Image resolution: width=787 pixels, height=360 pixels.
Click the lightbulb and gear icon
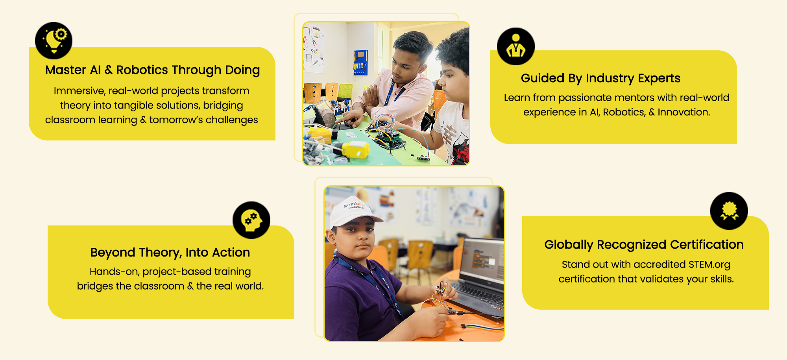pos(54,41)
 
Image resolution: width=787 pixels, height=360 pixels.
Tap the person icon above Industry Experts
pos(515,46)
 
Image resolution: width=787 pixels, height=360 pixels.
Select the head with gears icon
pos(251,220)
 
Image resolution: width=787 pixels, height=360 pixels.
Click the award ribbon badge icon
pos(729,211)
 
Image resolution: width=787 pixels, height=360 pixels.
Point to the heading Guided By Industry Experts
pos(600,78)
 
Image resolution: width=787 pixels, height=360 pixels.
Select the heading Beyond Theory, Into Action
pos(170,253)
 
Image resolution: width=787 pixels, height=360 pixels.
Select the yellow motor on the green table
pos(355,150)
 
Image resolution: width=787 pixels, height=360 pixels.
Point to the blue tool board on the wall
pos(360,63)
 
